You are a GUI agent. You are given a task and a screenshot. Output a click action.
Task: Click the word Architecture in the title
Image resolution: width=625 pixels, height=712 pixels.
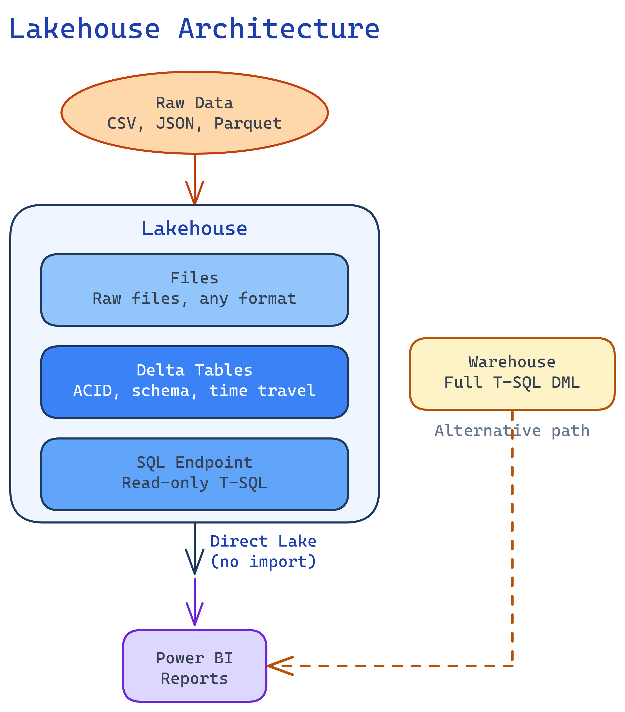[279, 29]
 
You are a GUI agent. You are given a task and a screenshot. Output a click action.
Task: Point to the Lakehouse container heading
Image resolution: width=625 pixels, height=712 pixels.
[194, 229]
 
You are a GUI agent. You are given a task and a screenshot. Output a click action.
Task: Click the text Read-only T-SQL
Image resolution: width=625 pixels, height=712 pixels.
[194, 483]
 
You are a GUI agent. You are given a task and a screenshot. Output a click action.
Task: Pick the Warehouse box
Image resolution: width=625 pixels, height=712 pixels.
[512, 373]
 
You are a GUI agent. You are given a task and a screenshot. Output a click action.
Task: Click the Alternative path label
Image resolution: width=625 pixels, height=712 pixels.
[512, 431]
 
